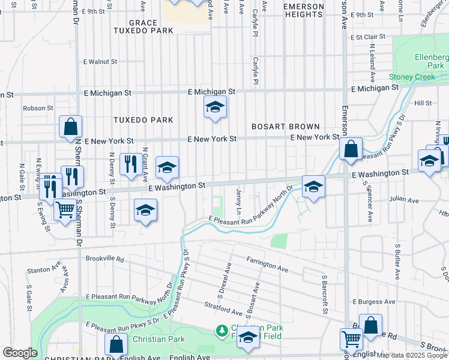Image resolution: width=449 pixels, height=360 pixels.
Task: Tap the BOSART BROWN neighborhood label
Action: click(x=285, y=127)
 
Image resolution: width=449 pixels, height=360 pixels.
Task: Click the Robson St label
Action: click(x=38, y=108)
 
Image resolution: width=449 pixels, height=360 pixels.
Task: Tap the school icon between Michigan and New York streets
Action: click(x=215, y=108)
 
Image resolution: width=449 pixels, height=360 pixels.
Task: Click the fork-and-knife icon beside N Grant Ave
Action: click(x=130, y=164)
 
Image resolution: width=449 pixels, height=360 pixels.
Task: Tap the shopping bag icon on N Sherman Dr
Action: click(x=71, y=127)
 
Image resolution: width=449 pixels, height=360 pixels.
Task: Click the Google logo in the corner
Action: click(x=20, y=353)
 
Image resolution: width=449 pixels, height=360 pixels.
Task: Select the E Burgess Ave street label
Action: click(x=374, y=301)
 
